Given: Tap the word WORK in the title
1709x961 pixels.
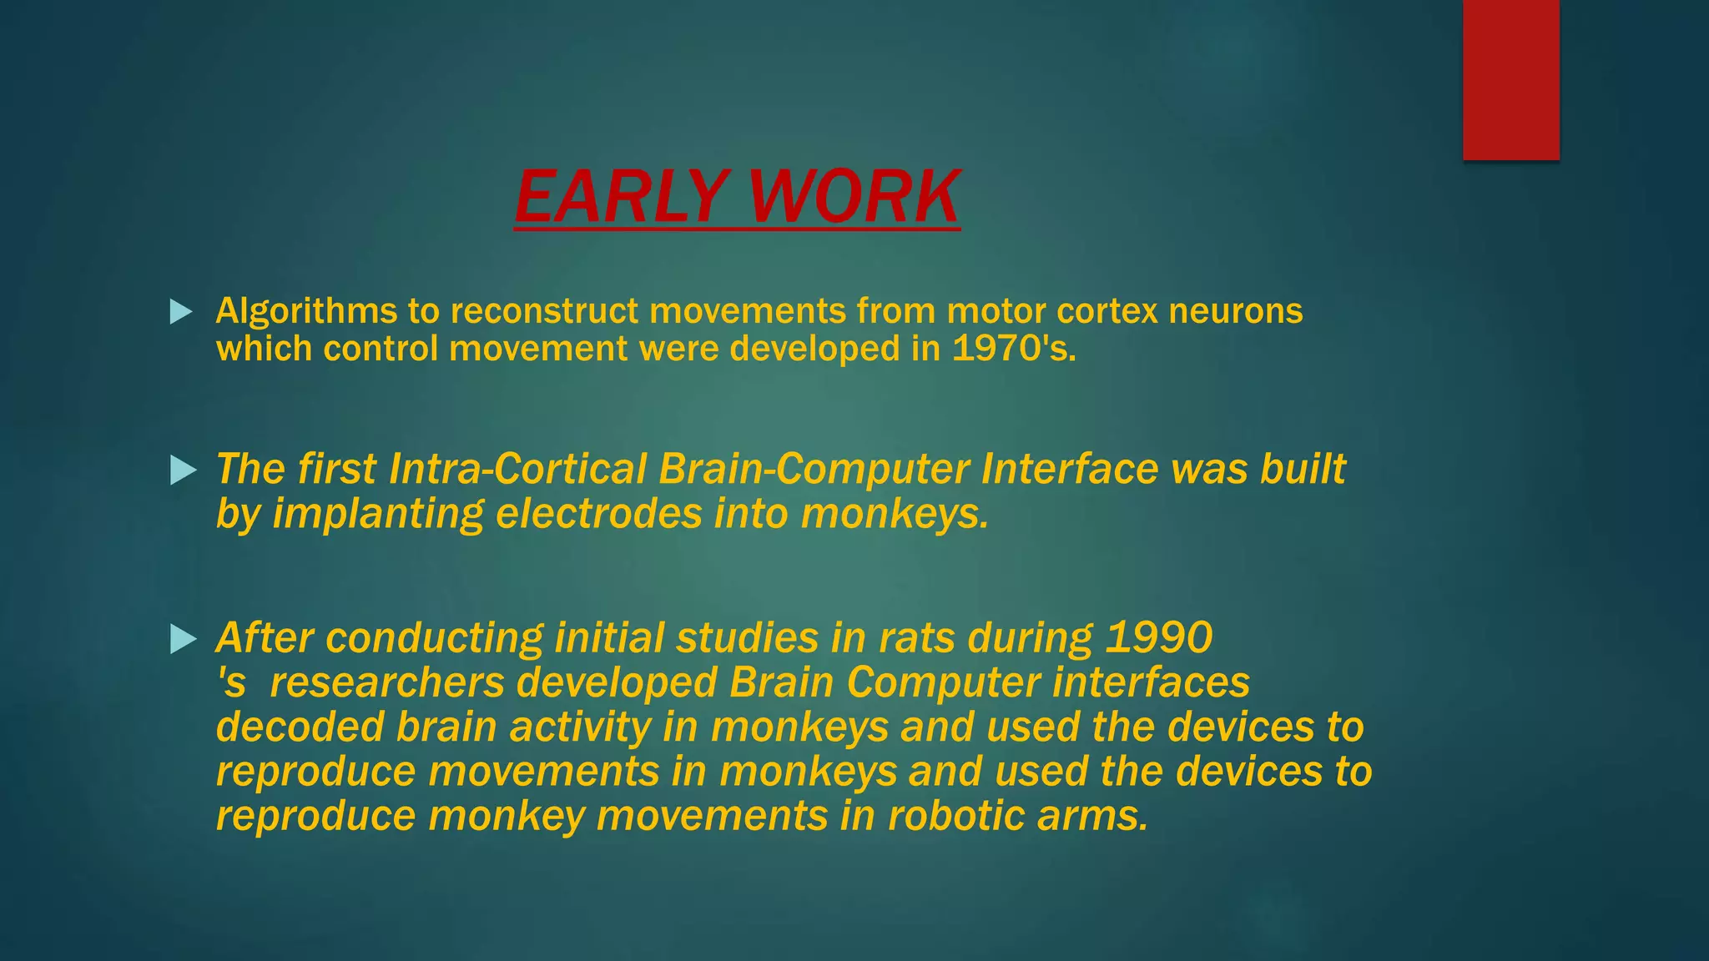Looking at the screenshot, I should point(854,197).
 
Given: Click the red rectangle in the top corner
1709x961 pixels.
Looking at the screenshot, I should point(1510,79).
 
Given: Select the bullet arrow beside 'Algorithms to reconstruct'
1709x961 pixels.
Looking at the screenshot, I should point(180,312).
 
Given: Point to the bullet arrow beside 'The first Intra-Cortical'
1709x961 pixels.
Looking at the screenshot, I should point(182,470).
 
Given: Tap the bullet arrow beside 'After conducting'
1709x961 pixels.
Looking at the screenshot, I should point(182,640).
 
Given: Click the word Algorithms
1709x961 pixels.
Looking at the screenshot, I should point(306,312).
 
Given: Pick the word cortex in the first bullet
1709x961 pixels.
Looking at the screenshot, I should point(1107,311).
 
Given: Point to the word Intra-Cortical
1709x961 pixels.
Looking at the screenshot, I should point(517,469).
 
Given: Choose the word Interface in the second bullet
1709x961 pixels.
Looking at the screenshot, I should point(1070,469).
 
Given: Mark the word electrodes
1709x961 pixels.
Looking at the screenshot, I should point(598,513).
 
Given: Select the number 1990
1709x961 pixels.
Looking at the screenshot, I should point(1158,638).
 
